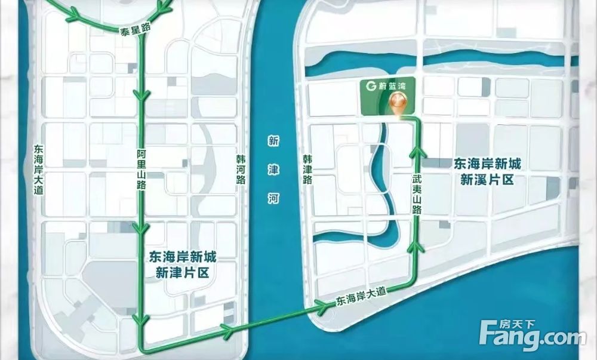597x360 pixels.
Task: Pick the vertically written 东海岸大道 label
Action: click(x=39, y=170)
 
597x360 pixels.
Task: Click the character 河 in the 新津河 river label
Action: click(x=274, y=198)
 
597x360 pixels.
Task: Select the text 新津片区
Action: click(x=181, y=273)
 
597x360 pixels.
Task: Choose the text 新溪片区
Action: click(x=487, y=179)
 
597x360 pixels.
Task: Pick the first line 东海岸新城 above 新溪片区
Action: click(x=487, y=163)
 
